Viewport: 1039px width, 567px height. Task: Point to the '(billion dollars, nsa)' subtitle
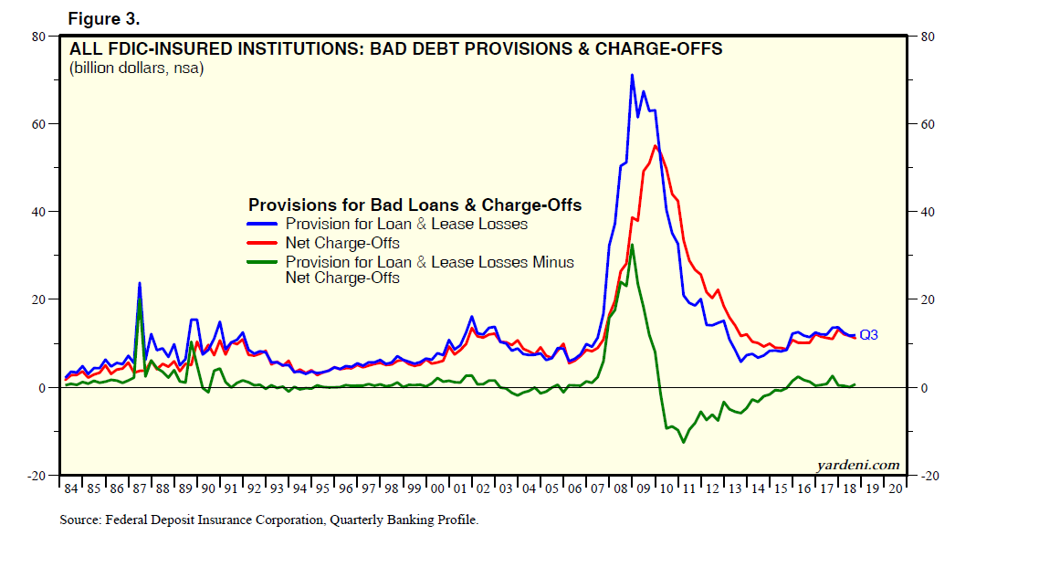pyautogui.click(x=137, y=68)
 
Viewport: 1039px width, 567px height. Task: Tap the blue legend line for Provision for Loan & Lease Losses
pyautogui.click(x=264, y=224)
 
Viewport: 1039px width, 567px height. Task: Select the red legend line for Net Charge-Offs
pyautogui.click(x=264, y=243)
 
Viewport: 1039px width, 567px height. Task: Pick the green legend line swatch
pyautogui.click(x=264, y=262)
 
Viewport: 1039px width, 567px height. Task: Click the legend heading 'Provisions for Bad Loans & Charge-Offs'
pyautogui.click(x=415, y=205)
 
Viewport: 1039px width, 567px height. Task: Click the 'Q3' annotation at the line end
pyautogui.click(x=868, y=335)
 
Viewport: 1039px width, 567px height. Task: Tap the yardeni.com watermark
pyautogui.click(x=858, y=465)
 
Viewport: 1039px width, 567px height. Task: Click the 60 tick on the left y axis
pyautogui.click(x=39, y=124)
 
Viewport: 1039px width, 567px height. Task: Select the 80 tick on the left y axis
pyautogui.click(x=39, y=37)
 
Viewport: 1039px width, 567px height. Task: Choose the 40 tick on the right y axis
pyautogui.click(x=928, y=212)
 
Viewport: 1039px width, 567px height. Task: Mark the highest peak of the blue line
pyautogui.click(x=632, y=75)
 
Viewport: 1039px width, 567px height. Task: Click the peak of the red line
pyautogui.click(x=656, y=146)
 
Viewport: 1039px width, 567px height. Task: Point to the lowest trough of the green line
pyautogui.click(x=682, y=443)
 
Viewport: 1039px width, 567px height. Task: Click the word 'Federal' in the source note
pyautogui.click(x=132, y=520)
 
